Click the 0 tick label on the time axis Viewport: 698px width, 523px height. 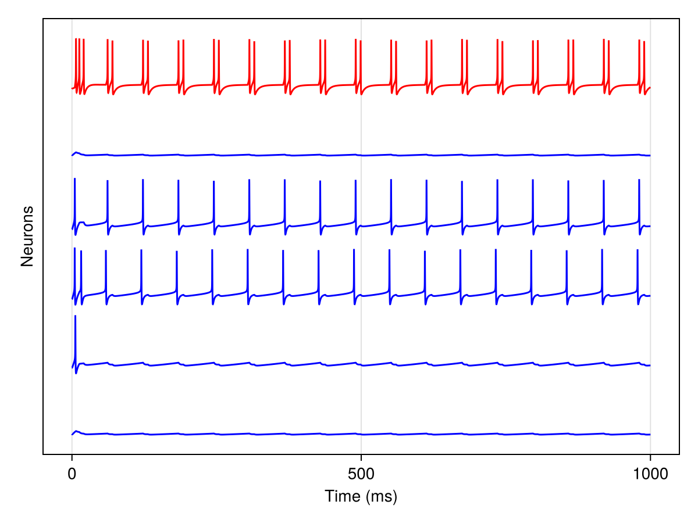click(72, 474)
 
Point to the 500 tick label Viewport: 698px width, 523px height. click(361, 474)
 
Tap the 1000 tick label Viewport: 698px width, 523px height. click(650, 474)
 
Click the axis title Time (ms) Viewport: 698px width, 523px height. click(361, 496)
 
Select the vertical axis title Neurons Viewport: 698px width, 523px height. click(27, 237)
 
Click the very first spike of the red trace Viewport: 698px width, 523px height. click(76, 41)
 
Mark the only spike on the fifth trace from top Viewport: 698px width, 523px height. click(75, 317)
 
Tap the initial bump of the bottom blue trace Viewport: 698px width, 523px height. click(76, 431)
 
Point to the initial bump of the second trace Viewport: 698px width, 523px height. click(76, 152)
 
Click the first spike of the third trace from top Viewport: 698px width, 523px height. click(74, 180)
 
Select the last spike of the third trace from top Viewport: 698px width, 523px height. click(639, 181)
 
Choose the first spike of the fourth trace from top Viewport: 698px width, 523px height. click(74, 250)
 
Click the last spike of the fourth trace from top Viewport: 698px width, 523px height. click(638, 251)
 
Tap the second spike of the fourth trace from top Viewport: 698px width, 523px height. click(81, 252)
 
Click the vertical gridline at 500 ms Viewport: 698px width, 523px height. click(361, 116)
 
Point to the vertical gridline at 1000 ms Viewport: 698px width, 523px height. click(650, 116)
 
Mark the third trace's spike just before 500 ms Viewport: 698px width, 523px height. click(355, 182)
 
